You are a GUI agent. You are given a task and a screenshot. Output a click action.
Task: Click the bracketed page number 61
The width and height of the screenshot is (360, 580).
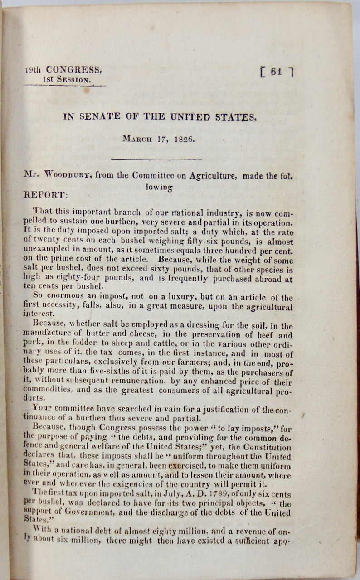pos(276,72)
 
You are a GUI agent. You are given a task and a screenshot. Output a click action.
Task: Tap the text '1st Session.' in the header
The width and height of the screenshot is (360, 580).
pos(66,80)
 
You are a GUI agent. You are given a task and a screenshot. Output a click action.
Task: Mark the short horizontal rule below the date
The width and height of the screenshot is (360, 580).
pos(156,159)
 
